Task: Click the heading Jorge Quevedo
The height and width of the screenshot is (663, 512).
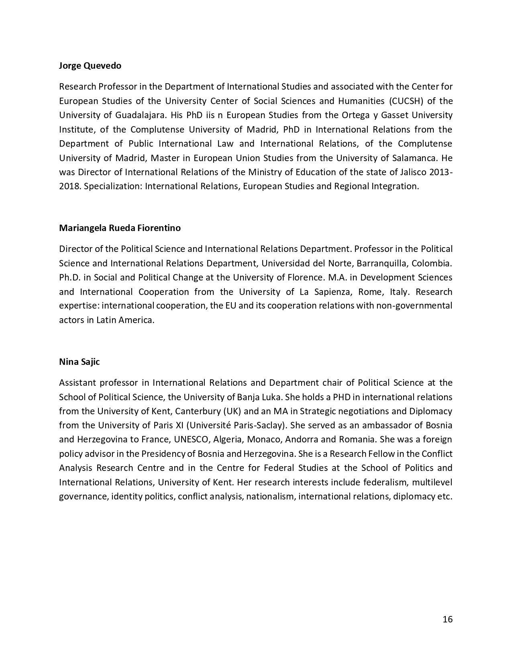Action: tap(90, 65)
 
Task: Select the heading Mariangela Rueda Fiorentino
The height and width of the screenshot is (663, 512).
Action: tap(120, 228)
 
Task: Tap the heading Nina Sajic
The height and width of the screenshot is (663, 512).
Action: tap(79, 362)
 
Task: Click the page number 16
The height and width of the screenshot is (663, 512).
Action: tap(447, 619)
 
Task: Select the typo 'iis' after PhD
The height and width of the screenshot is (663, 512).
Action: tap(211, 115)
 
